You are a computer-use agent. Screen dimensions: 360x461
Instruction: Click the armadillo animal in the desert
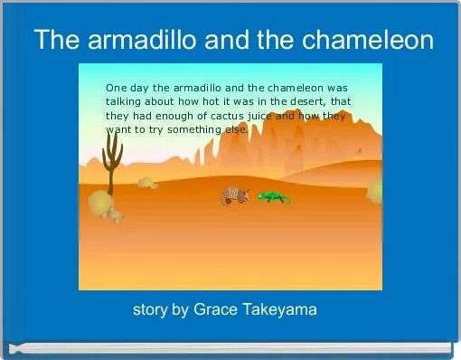(235, 196)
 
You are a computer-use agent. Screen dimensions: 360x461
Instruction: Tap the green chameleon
(273, 196)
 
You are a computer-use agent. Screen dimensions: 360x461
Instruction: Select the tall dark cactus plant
(111, 166)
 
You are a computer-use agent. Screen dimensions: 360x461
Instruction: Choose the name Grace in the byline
(214, 310)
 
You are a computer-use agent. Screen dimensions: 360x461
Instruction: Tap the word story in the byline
(150, 310)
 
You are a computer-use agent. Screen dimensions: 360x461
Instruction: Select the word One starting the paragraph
(117, 88)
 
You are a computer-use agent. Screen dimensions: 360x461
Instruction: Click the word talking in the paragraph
(123, 102)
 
